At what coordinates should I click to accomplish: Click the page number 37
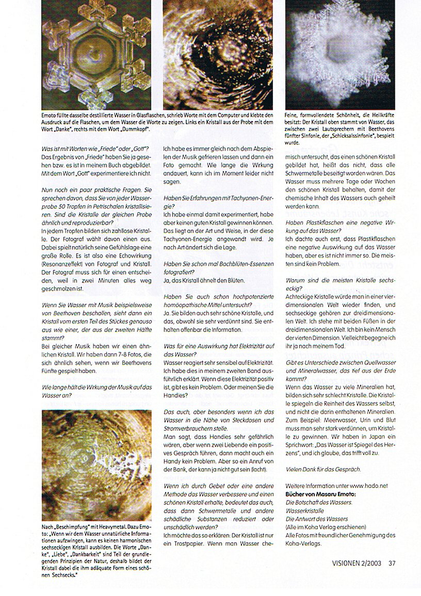pos(392,563)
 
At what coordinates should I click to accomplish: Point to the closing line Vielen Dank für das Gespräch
pos(322,469)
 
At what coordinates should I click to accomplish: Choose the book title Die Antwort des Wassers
pos(316,519)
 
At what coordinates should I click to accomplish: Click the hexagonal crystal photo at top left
pos(96,55)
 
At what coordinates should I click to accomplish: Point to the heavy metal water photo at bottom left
pos(96,465)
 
